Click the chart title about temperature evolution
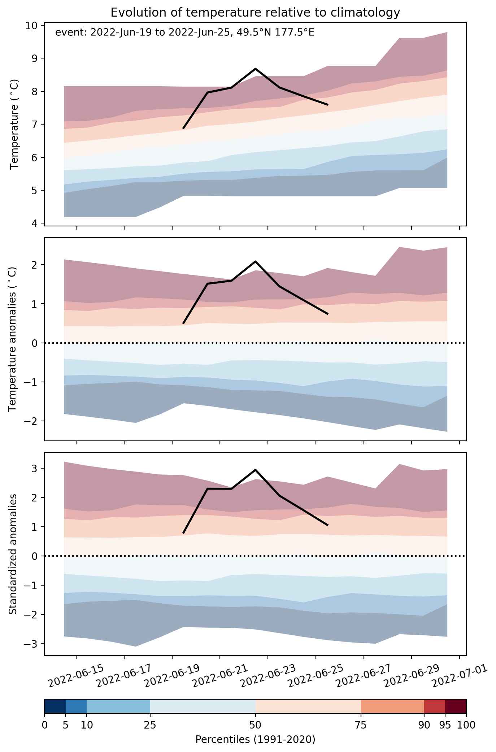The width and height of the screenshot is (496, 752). click(x=255, y=13)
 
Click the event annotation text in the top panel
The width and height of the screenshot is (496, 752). click(x=184, y=33)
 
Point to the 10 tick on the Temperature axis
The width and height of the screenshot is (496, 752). click(x=32, y=25)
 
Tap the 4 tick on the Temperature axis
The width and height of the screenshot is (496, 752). click(x=35, y=223)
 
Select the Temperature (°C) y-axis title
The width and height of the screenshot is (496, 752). click(x=14, y=124)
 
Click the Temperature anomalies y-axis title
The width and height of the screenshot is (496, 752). click(x=13, y=339)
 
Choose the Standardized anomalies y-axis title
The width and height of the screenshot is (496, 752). click(x=13, y=554)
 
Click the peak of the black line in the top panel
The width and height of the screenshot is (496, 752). click(x=256, y=69)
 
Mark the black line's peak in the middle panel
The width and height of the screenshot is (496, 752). click(x=256, y=261)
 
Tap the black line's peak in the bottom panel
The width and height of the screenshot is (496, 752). click(x=256, y=470)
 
